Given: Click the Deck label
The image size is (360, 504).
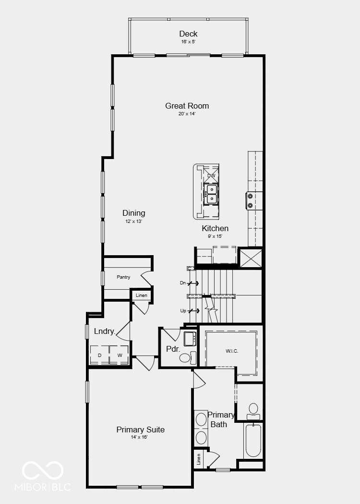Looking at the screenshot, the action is tap(188, 34).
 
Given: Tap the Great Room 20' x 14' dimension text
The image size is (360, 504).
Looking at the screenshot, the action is tap(187, 114).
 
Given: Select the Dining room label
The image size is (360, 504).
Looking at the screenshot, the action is tap(133, 213).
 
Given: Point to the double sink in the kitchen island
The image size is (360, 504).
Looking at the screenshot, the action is tap(211, 194).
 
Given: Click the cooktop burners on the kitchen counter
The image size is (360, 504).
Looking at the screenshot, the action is tap(250, 200).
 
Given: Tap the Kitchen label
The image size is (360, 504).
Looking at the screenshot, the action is tap(215, 229).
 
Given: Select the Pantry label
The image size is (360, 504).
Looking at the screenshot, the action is tap(123, 277).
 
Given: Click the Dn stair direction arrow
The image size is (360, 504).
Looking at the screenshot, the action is tap(193, 283).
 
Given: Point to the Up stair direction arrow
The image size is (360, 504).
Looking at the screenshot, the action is tap(193, 311).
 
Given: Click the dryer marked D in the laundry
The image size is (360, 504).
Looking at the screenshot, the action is tap(99, 355).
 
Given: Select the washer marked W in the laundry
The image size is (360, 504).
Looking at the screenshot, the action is tap(120, 355).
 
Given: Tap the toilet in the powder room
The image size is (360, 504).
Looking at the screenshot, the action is tap(188, 358).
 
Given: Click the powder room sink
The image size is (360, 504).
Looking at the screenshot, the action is tap(190, 338).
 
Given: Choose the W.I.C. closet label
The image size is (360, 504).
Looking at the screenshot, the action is tap(232, 351).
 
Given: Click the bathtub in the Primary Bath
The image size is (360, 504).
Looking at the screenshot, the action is tap(253, 441).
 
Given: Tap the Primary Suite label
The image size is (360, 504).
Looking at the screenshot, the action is tap(140, 430).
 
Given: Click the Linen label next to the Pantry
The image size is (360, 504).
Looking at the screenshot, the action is tap(141, 295).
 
